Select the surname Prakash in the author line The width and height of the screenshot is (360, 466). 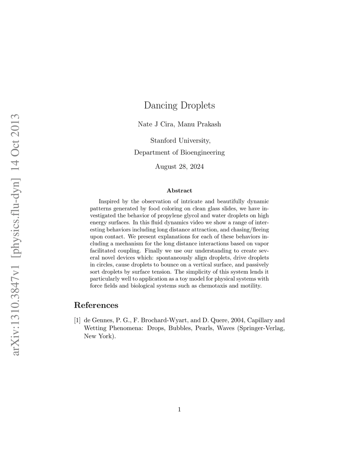pyautogui.click(x=210, y=124)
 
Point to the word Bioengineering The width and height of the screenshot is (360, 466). pyautogui.click(x=202, y=152)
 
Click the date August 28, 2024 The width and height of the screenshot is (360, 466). pyautogui.click(x=179, y=167)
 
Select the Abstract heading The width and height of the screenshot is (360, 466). pyautogui.click(x=179, y=191)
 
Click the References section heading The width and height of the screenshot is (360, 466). pyautogui.click(x=96, y=305)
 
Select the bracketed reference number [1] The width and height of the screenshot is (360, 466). pyautogui.click(x=77, y=320)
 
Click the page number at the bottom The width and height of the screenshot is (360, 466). pyautogui.click(x=179, y=409)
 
